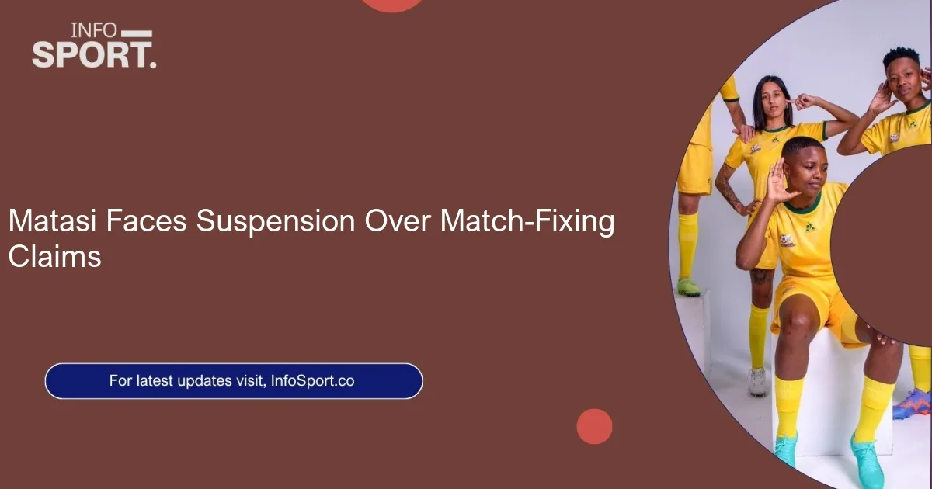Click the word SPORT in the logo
click(92, 55)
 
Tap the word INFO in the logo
click(94, 31)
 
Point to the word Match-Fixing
click(527, 223)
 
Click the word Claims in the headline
click(54, 256)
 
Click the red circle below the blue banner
click(594, 427)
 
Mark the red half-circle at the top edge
click(393, 5)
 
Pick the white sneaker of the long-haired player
click(758, 381)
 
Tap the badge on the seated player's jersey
click(787, 238)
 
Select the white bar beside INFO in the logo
click(137, 33)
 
